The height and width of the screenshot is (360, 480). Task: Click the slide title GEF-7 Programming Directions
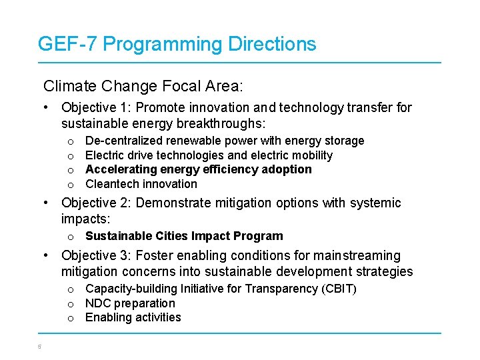point(177,45)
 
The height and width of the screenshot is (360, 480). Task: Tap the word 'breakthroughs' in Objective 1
point(227,123)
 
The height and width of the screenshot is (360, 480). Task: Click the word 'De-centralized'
point(123,141)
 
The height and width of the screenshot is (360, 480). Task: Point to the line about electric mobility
point(209,155)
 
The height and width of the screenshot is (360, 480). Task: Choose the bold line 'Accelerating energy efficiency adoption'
point(198,169)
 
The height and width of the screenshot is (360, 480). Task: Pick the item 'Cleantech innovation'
point(141,184)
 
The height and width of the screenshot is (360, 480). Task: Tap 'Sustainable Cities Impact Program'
point(184,236)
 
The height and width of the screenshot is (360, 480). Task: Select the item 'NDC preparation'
point(130,303)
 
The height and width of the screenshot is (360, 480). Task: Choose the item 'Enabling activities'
point(133,317)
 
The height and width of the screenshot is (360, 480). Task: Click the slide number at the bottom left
point(40,346)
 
